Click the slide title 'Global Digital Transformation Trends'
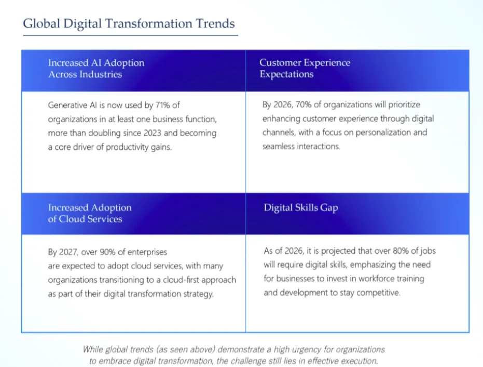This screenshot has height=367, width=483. (x=129, y=23)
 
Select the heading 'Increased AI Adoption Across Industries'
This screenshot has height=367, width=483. (x=96, y=69)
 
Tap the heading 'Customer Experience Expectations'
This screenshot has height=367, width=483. (x=305, y=68)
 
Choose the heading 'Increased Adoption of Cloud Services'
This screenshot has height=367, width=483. (x=90, y=213)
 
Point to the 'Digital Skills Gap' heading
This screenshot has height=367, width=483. (x=301, y=207)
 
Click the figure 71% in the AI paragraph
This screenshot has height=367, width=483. (x=163, y=105)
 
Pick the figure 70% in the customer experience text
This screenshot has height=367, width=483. (x=303, y=104)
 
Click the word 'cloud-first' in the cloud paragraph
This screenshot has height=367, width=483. (x=182, y=280)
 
